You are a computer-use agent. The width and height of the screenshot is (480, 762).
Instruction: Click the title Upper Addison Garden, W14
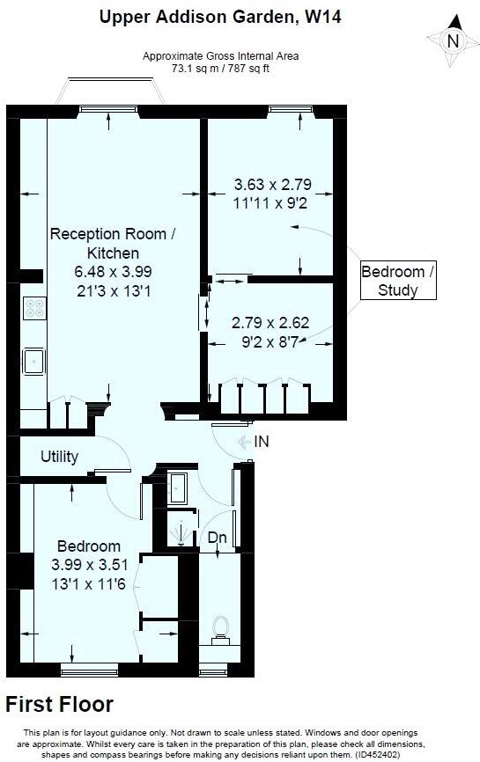click(220, 17)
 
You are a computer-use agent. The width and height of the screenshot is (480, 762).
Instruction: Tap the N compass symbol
click(454, 40)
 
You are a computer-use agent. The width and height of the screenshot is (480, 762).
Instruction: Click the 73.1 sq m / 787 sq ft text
click(220, 69)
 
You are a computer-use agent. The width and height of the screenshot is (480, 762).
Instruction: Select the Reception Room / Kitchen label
click(113, 244)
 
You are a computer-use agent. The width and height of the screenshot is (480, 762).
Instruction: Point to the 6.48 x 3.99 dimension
click(113, 271)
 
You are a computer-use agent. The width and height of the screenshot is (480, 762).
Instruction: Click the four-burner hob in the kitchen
click(34, 308)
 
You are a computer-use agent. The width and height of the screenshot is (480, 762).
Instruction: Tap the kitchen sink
click(33, 361)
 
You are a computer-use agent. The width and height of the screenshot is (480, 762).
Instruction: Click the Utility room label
click(59, 457)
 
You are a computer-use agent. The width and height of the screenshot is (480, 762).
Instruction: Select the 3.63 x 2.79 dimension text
click(273, 185)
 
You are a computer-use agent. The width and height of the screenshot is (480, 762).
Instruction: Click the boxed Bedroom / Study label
click(398, 281)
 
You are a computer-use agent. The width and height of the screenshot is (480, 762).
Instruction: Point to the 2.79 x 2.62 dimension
click(270, 323)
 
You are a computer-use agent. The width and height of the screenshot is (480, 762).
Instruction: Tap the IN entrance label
click(262, 442)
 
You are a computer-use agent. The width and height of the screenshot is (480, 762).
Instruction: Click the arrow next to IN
click(244, 442)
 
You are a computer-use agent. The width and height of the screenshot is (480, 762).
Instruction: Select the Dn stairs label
click(218, 538)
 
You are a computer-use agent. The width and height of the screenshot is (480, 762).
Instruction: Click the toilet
click(220, 630)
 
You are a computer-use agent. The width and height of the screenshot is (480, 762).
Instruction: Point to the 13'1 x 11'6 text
click(88, 583)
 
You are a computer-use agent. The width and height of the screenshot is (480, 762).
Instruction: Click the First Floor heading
click(59, 704)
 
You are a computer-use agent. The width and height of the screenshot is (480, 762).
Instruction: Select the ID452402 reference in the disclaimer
click(376, 755)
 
